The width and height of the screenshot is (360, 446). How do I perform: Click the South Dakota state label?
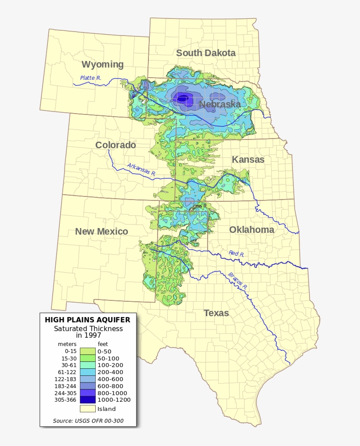pyautogui.click(x=205, y=53)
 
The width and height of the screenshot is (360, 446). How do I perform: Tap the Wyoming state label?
pyautogui.click(x=102, y=64)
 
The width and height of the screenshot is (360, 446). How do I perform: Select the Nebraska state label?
pyautogui.click(x=220, y=104)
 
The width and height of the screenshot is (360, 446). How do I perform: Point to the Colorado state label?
pyautogui.click(x=115, y=145)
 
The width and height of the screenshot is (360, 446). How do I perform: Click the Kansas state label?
pyautogui.click(x=248, y=160)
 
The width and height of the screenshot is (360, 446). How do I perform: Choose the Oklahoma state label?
pyautogui.click(x=252, y=230)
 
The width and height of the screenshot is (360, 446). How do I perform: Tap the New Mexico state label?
pyautogui.click(x=101, y=232)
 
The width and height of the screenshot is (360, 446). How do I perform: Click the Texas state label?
pyautogui.click(x=216, y=313)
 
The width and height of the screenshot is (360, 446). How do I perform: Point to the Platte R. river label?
pyautogui.click(x=90, y=78)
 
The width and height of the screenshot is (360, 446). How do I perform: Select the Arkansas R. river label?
pyautogui.click(x=141, y=169)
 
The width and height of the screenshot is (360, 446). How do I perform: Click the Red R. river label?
pyautogui.click(x=236, y=253)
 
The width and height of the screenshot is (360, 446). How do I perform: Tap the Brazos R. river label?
pyautogui.click(x=238, y=281)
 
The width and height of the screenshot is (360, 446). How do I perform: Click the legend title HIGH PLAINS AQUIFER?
pyautogui.click(x=87, y=320)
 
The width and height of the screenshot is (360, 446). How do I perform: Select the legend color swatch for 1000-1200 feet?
pyautogui.click(x=87, y=400)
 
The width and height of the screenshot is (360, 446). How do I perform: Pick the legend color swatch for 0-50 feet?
pyautogui.click(x=87, y=351)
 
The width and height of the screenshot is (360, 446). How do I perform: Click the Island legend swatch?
pyautogui.click(x=87, y=409)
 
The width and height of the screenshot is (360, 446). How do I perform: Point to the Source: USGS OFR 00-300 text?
pyautogui.click(x=88, y=421)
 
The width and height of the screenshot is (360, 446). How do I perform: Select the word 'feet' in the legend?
pyautogui.click(x=103, y=344)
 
